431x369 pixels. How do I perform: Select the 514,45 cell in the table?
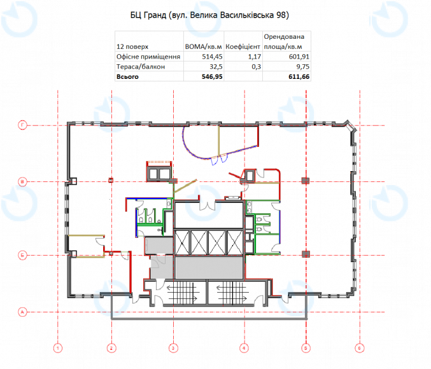click(x=212, y=57)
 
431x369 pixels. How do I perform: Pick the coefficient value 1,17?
click(x=254, y=57)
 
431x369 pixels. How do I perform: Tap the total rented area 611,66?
click(x=299, y=76)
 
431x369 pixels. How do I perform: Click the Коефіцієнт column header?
click(x=243, y=46)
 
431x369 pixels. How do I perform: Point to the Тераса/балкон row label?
click(x=141, y=67)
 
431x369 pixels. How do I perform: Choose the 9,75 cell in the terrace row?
click(x=303, y=67)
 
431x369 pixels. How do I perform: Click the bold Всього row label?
click(x=127, y=76)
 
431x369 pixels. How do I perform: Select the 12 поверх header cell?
click(x=132, y=46)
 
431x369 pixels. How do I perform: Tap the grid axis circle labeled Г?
click(x=22, y=125)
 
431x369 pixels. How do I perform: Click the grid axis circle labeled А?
click(x=22, y=312)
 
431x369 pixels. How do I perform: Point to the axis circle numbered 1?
click(x=58, y=349)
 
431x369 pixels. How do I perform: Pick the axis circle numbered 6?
click(x=360, y=349)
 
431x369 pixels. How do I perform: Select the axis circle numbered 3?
click(x=173, y=349)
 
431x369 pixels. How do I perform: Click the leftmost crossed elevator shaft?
click(x=182, y=242)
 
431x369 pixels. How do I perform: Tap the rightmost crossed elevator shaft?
click(x=235, y=242)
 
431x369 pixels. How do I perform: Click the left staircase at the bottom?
click(x=182, y=293)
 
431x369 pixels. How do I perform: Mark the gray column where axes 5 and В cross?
click(x=306, y=181)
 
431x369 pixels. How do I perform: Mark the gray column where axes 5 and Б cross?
click(x=306, y=254)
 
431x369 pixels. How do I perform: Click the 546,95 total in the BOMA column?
click(x=212, y=76)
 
